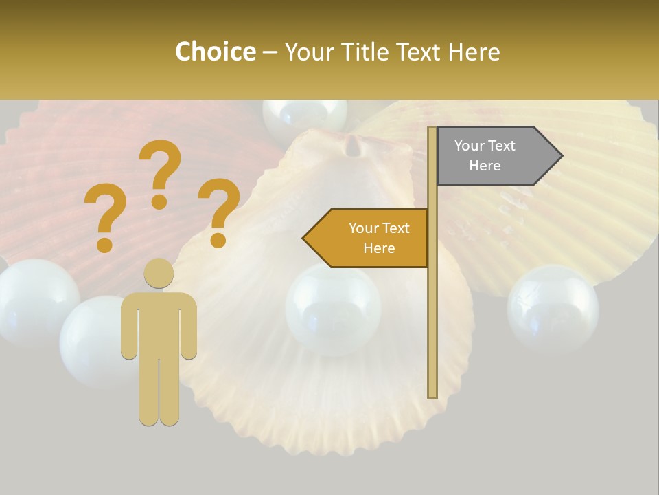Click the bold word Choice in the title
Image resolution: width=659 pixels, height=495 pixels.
[x=215, y=52]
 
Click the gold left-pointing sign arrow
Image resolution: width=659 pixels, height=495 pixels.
[x=367, y=238]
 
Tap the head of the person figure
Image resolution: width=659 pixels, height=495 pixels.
[x=159, y=273]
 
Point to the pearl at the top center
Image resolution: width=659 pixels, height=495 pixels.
[x=305, y=115]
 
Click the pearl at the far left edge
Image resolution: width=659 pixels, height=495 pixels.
[x=34, y=300]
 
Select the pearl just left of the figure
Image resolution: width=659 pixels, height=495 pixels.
[x=93, y=340]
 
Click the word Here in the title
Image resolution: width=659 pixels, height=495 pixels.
[x=474, y=52]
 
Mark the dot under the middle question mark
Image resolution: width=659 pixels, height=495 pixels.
[x=159, y=201]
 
